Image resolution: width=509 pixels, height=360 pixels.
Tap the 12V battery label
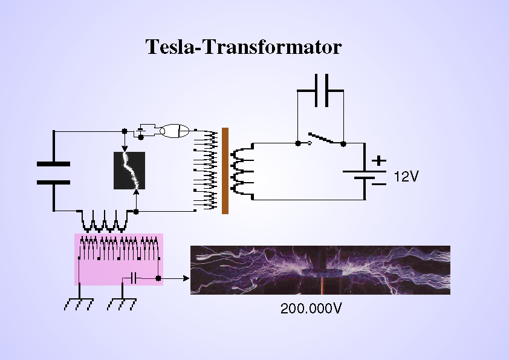tap(406, 177)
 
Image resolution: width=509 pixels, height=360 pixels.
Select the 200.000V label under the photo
tap(311, 309)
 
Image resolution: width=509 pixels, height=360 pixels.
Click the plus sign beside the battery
tap(379, 161)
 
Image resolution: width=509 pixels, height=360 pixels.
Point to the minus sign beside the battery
tap(379, 183)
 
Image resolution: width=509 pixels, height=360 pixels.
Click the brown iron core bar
tap(225, 171)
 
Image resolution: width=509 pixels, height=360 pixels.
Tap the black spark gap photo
tap(129, 171)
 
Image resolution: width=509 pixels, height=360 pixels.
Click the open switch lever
tap(320, 138)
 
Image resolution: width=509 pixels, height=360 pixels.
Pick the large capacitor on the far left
tap(54, 172)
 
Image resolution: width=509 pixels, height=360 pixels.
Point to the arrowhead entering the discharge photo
tap(186, 278)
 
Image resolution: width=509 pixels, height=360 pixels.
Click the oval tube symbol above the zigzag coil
tap(177, 130)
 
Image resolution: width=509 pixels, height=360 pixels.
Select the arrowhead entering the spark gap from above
tap(125, 149)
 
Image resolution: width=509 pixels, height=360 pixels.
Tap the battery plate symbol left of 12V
tap(363, 175)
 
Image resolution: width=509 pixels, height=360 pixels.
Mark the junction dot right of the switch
tap(343, 144)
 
